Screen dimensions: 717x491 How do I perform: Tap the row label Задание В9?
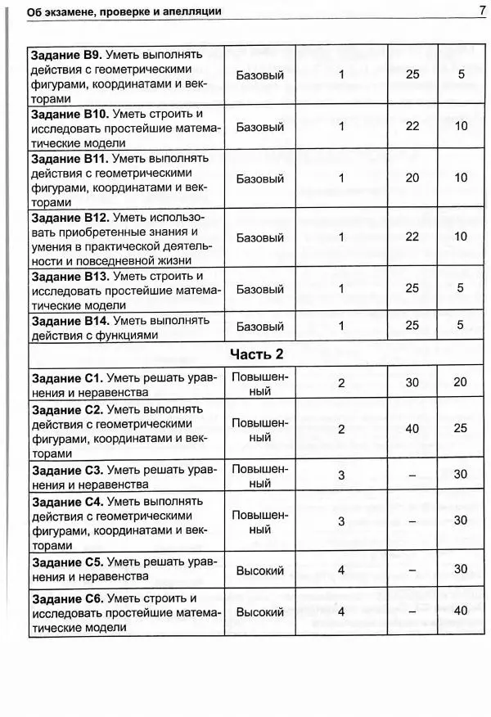(66, 54)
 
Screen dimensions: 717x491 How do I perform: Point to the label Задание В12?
(69, 218)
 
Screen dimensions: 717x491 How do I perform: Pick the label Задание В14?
(69, 319)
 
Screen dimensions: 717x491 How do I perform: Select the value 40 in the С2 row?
(412, 429)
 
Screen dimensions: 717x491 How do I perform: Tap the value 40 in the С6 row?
(461, 611)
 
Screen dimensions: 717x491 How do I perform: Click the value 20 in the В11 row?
(412, 178)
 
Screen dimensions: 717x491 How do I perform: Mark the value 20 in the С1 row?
(461, 383)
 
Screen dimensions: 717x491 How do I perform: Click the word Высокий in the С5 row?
(259, 569)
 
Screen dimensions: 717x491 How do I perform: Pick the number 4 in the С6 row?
(341, 611)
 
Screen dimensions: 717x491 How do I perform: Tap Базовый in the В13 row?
(259, 289)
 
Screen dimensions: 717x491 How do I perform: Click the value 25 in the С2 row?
(461, 429)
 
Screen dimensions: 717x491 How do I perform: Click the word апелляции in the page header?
(194, 11)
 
